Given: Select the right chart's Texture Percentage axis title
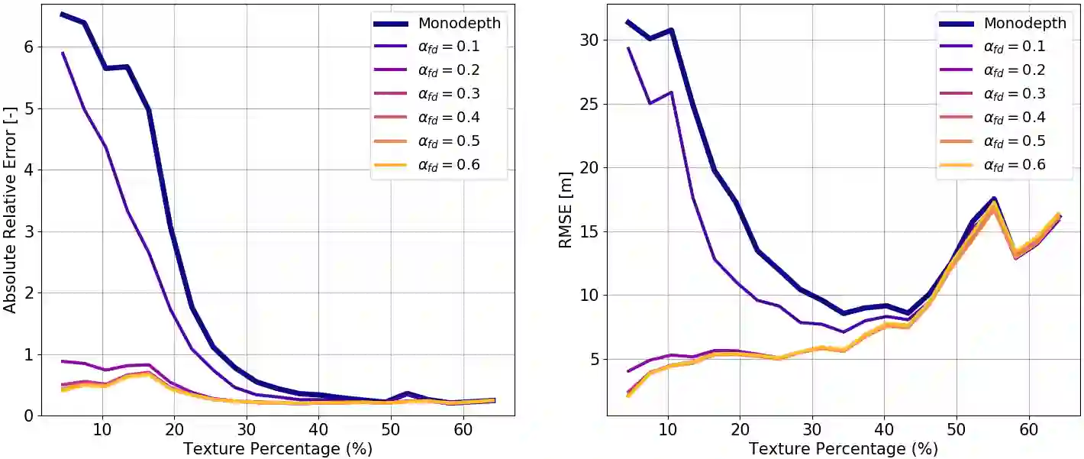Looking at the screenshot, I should pos(843,448).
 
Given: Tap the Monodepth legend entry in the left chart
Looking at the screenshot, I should pos(459,23).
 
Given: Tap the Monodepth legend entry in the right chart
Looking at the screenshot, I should pos(1024,23).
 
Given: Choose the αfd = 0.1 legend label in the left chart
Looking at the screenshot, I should pos(449,47).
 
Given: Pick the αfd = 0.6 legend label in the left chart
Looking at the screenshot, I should pos(449,164).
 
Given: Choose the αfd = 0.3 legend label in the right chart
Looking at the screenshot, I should pos(1015,94).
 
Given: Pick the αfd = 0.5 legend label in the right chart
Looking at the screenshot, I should pos(1015,141).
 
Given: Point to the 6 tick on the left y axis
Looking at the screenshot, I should pos(28,47).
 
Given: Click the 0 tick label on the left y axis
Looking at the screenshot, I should pos(28,416).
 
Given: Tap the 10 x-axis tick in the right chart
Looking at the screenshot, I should pos(668,429).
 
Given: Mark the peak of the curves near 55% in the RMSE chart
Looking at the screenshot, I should pos(993,200).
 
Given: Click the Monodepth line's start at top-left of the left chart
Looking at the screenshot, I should pos(62,14).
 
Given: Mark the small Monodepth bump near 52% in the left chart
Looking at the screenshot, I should pos(408,393).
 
